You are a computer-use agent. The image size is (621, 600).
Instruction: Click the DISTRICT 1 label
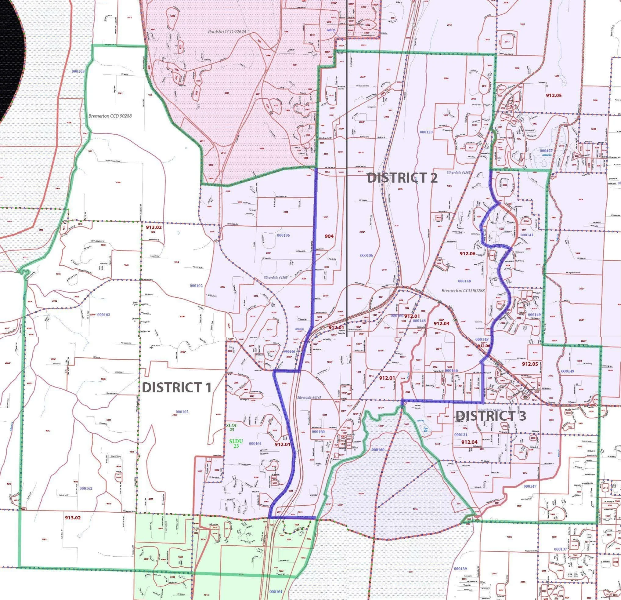176,387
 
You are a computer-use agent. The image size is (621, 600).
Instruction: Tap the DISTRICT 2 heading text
402,178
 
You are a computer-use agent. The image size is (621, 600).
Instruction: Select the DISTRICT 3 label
491,416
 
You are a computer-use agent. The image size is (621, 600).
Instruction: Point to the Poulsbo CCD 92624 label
227,32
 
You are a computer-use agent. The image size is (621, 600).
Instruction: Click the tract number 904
329,236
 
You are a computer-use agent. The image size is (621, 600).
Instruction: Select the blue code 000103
78,71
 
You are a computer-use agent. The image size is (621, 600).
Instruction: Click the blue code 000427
546,151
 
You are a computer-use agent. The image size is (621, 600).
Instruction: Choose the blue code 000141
527,235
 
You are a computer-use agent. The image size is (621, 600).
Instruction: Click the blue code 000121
461,435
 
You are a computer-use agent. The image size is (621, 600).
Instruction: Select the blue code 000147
530,486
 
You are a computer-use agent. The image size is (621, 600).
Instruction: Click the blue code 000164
275,591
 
